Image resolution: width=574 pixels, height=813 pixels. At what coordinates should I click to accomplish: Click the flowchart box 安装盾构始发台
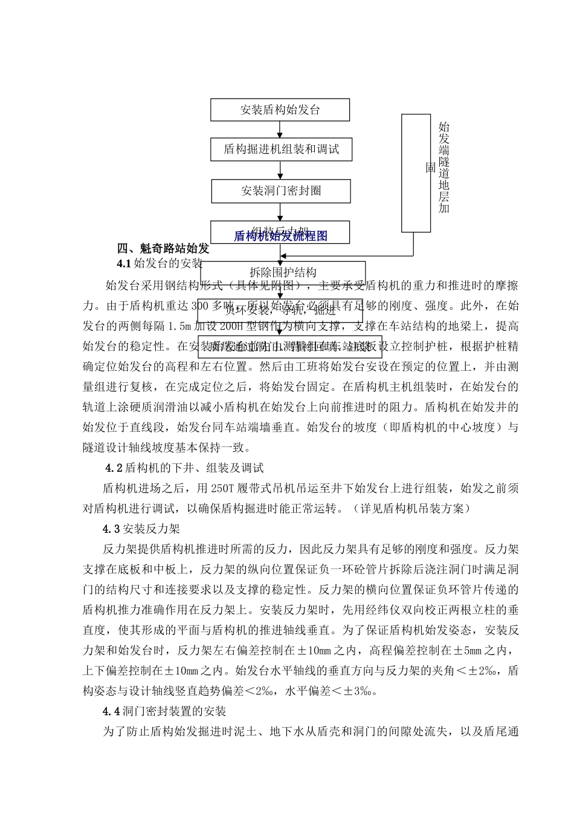[x=280, y=110]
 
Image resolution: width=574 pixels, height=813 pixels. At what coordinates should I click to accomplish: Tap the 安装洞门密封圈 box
[x=281, y=191]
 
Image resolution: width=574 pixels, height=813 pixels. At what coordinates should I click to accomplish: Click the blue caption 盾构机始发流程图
[x=280, y=236]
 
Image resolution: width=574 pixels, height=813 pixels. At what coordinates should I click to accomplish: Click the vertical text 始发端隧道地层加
[x=444, y=167]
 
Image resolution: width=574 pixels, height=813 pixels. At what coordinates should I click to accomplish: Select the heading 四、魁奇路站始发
[x=163, y=249]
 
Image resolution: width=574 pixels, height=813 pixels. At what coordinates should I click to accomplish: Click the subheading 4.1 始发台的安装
[x=160, y=263]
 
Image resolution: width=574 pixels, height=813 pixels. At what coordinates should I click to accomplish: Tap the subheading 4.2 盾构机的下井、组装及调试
[x=184, y=468]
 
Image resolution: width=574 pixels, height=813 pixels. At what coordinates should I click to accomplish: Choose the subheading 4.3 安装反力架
[x=141, y=529]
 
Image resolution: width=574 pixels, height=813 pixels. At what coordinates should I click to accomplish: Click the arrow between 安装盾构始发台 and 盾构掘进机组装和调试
[x=280, y=129]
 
